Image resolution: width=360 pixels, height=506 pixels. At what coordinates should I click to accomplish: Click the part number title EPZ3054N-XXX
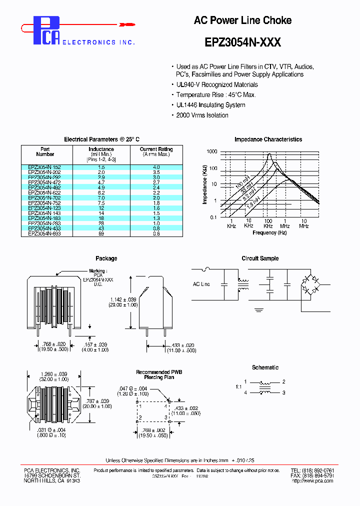(x=242, y=42)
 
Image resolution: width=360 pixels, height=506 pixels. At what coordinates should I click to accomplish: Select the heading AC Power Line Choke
(x=242, y=20)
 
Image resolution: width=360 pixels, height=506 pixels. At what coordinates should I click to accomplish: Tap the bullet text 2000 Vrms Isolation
(x=202, y=115)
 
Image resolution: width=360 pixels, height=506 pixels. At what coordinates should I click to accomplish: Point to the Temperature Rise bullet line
(x=216, y=95)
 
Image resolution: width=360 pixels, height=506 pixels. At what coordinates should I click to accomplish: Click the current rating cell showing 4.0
(x=156, y=167)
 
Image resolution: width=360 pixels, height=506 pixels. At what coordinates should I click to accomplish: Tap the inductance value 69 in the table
(x=101, y=234)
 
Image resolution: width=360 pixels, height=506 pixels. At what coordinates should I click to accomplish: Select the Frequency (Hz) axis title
(x=269, y=232)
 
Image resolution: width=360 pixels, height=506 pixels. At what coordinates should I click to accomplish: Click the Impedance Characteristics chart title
(x=268, y=139)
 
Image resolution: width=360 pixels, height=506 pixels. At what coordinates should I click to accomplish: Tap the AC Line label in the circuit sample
(x=201, y=284)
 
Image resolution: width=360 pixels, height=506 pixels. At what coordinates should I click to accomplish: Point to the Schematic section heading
(x=265, y=367)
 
